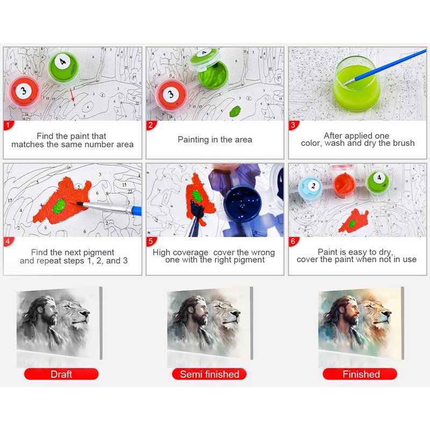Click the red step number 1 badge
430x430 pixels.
pos(8,125)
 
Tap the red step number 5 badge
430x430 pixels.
pos(151,241)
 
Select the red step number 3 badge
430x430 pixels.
pos(293,125)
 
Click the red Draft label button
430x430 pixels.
pos(61,374)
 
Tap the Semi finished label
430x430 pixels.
pos(209,374)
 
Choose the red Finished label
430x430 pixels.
pos(360,374)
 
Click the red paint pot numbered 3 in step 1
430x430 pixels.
pos(24,92)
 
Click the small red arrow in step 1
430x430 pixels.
pos(73,95)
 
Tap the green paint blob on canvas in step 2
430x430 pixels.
pos(235,111)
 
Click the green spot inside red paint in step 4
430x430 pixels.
pos(59,206)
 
